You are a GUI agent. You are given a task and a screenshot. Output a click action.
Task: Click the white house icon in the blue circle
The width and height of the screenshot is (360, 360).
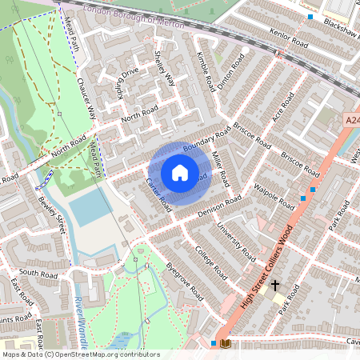[180, 173]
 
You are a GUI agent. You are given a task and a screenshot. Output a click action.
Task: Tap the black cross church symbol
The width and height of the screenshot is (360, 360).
[275, 285]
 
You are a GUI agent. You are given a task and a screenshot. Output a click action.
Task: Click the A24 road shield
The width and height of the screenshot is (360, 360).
[352, 119]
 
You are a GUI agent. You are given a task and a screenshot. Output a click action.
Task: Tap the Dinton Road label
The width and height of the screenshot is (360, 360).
[230, 74]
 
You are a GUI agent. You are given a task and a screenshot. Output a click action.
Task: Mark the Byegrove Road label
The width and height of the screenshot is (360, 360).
[186, 285]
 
